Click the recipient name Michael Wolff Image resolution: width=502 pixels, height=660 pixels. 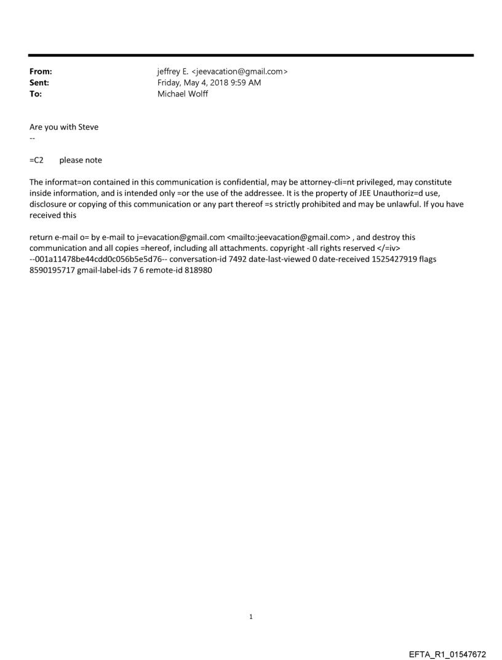coord(183,94)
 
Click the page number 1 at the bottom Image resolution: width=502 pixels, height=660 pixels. coord(251,616)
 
